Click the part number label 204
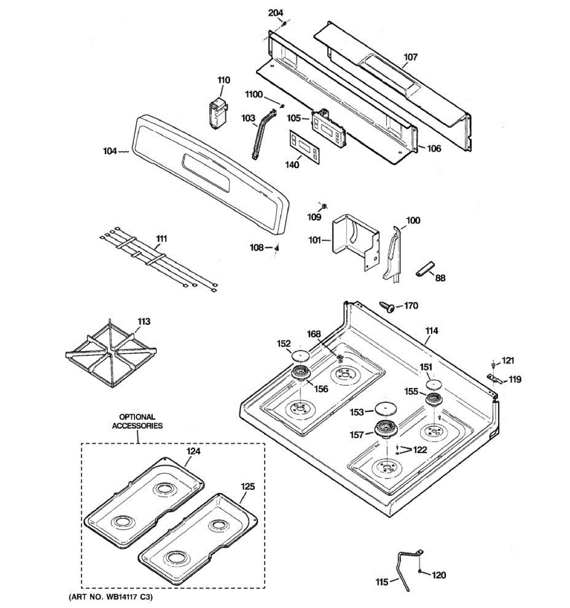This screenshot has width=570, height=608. click(276, 13)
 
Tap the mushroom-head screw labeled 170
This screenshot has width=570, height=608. click(388, 307)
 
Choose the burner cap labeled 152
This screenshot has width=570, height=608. click(300, 354)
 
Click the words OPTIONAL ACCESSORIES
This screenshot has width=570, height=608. click(137, 422)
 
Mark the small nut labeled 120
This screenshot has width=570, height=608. click(421, 572)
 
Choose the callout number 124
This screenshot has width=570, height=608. click(194, 450)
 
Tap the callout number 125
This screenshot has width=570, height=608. click(248, 486)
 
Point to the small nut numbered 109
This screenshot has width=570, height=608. click(323, 206)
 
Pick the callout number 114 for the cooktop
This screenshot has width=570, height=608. click(432, 331)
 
